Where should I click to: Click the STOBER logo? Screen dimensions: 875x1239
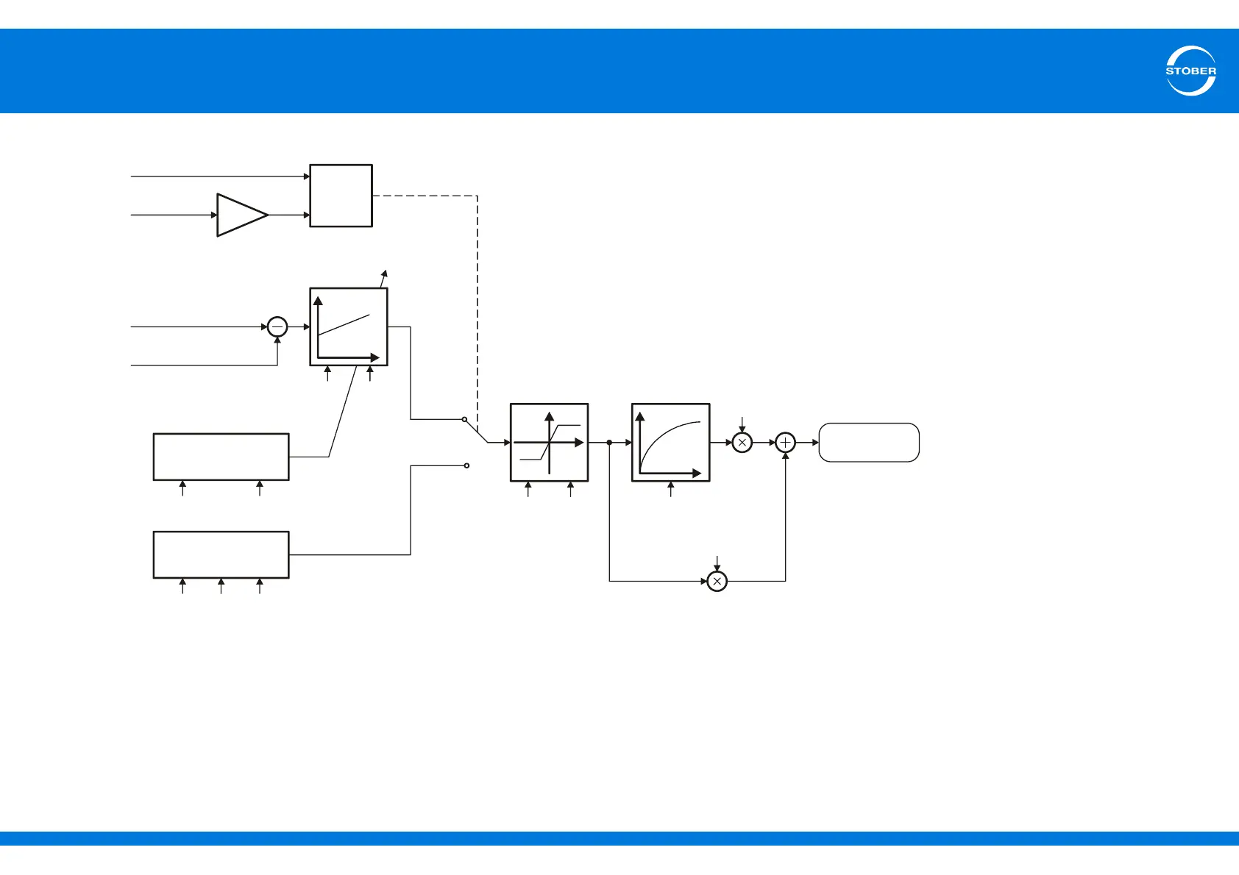point(1190,71)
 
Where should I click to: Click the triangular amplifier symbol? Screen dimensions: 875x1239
point(240,215)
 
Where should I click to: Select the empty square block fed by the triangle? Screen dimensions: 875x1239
point(341,196)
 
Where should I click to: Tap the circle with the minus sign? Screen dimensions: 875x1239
point(277,326)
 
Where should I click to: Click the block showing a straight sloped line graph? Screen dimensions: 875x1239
point(349,326)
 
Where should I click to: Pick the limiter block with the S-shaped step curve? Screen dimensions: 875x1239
point(549,443)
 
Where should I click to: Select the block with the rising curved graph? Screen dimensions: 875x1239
point(670,443)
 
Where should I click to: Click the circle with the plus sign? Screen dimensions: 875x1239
point(786,443)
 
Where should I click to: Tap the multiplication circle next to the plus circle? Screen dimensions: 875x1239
point(742,443)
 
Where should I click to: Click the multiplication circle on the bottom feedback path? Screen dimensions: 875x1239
point(717,581)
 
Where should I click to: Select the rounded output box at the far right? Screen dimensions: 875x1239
point(869,443)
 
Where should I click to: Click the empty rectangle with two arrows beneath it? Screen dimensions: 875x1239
point(221,457)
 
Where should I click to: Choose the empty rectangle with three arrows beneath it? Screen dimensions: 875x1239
point(221,554)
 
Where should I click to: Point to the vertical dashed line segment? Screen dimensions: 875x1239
point(478,309)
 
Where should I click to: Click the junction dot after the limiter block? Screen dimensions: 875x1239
point(609,443)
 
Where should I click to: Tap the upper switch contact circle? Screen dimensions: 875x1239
point(464,419)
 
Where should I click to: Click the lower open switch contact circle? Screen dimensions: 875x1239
point(467,465)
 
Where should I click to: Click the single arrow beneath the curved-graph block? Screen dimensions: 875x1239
point(670,489)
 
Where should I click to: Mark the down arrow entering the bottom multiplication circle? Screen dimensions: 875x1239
point(717,563)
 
